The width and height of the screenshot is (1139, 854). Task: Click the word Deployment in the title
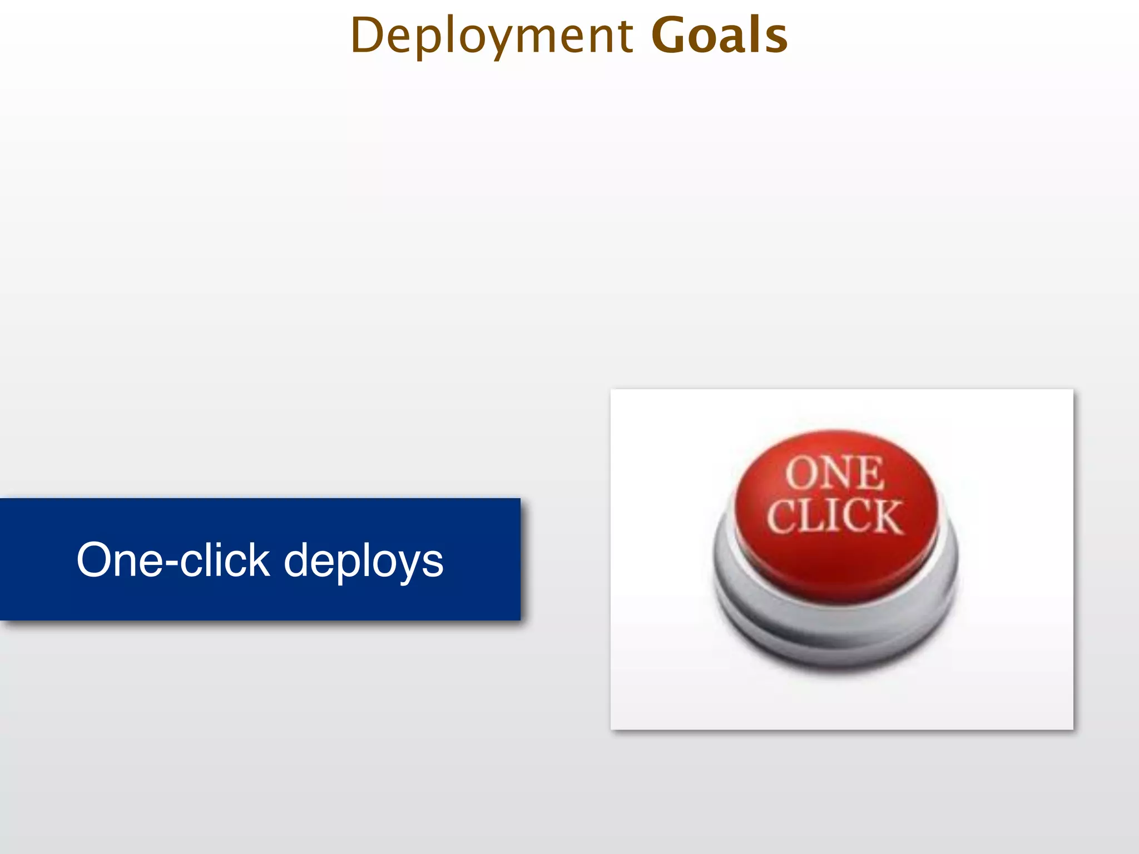click(492, 36)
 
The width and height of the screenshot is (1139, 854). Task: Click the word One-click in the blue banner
click(173, 560)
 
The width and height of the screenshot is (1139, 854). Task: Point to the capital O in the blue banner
click(95, 560)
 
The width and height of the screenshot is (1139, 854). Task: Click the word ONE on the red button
click(834, 473)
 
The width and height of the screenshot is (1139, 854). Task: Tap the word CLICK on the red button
click(834, 517)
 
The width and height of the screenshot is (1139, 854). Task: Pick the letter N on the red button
click(834, 473)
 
